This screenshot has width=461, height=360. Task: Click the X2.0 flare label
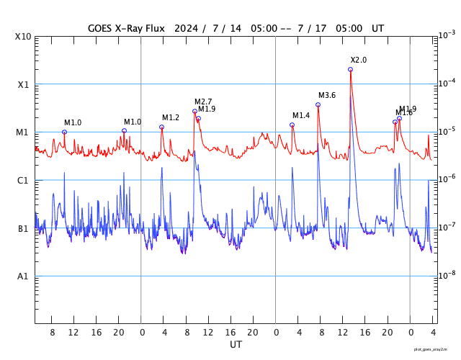359,60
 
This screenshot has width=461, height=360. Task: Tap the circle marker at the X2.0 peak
351,70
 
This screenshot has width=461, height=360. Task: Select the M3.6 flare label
327,96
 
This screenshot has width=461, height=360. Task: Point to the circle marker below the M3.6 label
318,105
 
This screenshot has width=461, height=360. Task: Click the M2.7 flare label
203,102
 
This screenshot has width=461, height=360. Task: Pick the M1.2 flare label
171,118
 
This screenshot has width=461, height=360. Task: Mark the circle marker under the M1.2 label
161,127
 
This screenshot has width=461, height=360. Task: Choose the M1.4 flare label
301,116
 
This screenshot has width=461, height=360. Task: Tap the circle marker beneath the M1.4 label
292,125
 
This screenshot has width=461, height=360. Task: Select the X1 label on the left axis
23,85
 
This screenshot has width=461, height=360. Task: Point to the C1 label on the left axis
23,181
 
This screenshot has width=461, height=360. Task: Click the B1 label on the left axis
23,229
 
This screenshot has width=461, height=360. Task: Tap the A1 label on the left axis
23,276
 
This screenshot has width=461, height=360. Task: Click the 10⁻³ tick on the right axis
447,35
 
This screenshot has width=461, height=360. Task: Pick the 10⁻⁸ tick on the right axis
447,275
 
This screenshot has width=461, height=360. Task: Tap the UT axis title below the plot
236,345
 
